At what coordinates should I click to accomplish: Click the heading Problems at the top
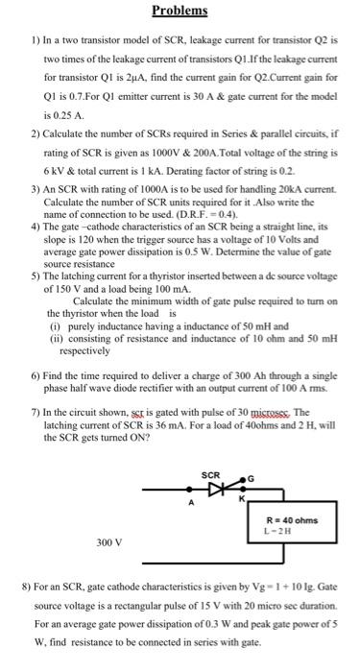[180, 11]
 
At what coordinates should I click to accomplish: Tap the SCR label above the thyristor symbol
[212, 475]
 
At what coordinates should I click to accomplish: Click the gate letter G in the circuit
[252, 480]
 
